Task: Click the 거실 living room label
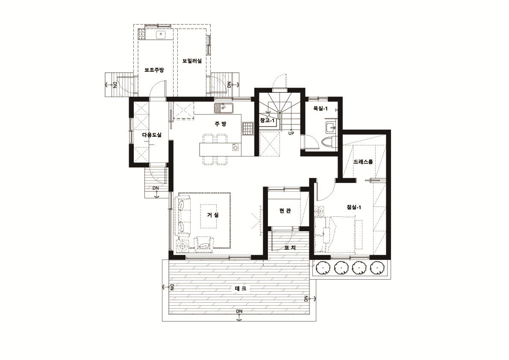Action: tap(213, 215)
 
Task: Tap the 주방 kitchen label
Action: tap(221, 124)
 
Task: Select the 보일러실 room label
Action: tap(192, 61)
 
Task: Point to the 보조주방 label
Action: tap(154, 70)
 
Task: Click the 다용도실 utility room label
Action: tap(152, 135)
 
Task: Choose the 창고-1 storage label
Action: tap(268, 121)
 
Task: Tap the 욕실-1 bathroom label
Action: tap(320, 109)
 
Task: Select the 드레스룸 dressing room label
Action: tap(363, 161)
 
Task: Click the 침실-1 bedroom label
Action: tap(354, 207)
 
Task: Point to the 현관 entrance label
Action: tap(285, 210)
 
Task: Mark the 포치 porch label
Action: tap(290, 248)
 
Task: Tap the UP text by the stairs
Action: tap(291, 133)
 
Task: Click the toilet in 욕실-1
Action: tap(329, 142)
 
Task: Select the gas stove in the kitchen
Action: tap(248, 128)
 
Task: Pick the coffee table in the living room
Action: tap(209, 216)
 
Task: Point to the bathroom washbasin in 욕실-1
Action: tap(331, 127)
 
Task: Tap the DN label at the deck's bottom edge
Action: tap(239, 311)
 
